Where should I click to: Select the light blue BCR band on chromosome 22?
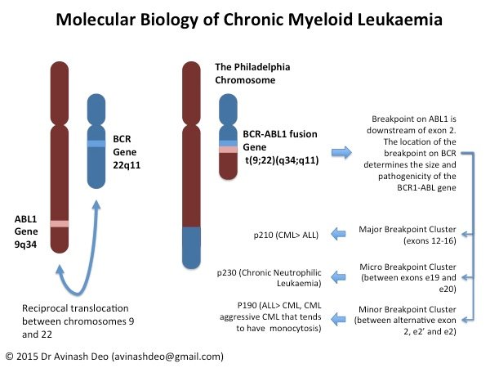coord(96,143)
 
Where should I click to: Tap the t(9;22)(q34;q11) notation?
coord(281,159)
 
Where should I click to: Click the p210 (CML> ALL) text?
coord(287,235)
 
